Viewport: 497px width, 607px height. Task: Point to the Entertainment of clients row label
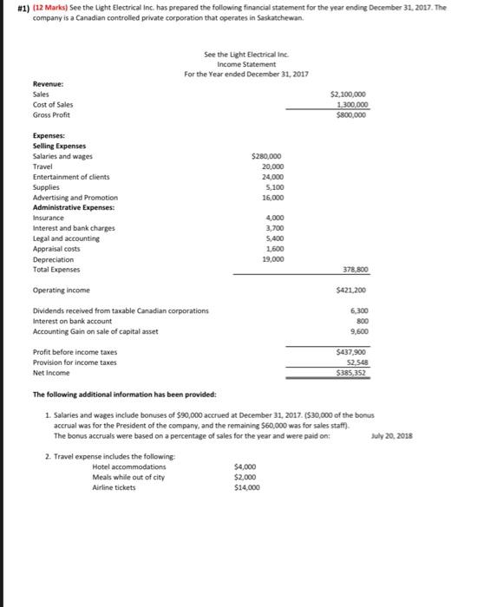71,176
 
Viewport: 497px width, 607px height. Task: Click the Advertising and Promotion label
75,197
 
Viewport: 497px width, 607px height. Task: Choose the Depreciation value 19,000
271,258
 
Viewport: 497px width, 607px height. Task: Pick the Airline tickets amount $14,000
247,487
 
